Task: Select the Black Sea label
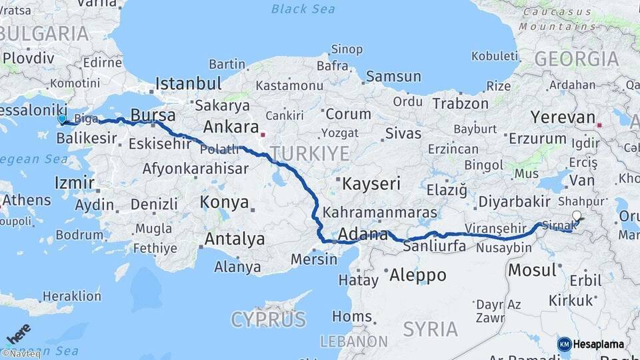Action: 304,9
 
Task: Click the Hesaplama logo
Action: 591,344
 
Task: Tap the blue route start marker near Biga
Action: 62,119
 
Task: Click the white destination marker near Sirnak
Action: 577,216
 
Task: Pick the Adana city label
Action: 363,235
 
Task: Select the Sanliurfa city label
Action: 435,246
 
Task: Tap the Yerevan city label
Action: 562,117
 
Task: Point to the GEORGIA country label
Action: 576,59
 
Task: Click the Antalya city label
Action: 235,239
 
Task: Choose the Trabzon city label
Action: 460,104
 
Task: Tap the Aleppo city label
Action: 417,275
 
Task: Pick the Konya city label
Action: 225,203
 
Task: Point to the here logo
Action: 18,332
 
